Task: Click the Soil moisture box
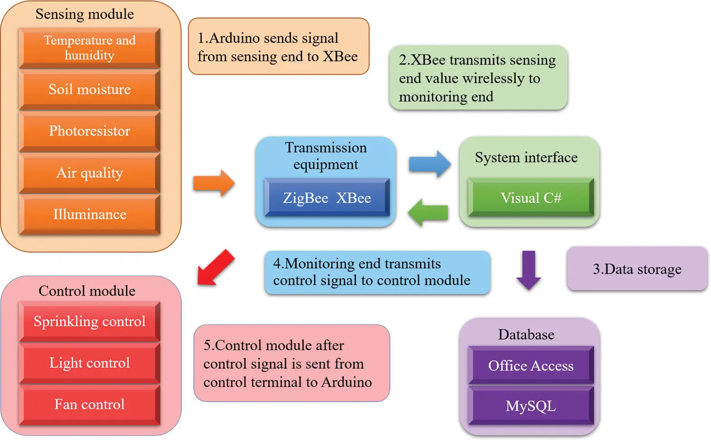(89, 89)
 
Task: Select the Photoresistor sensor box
(89, 131)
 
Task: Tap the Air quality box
(89, 172)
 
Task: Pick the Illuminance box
(89, 214)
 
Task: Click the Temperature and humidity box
(89, 48)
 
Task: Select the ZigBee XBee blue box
(327, 198)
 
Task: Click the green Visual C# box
(531, 198)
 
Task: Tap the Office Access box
(531, 365)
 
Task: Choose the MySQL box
(531, 406)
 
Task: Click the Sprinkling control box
(89, 322)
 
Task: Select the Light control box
(89, 363)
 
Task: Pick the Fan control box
(89, 405)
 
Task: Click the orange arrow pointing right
(214, 183)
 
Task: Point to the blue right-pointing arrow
(430, 164)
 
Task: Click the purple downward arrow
(529, 270)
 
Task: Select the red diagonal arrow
(215, 268)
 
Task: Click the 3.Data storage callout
(637, 269)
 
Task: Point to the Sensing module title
(84, 14)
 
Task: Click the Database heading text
(526, 334)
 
